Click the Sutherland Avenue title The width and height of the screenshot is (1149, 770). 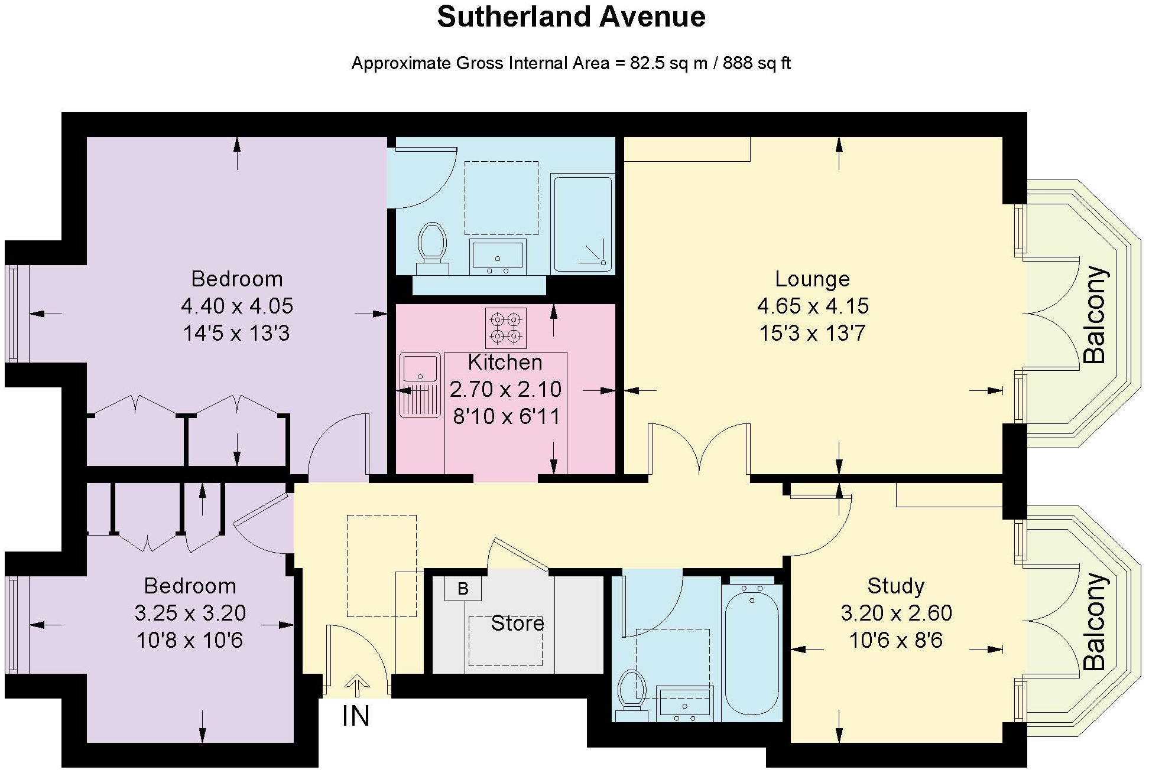(x=571, y=17)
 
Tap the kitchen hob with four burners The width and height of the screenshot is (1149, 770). (x=506, y=328)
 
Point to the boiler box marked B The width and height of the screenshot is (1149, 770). (x=463, y=589)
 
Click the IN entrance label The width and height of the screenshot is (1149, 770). (x=356, y=716)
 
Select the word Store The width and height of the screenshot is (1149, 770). (x=517, y=624)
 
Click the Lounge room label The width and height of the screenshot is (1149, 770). (x=812, y=279)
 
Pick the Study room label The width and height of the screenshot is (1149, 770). (x=895, y=586)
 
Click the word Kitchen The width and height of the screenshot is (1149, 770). (x=505, y=362)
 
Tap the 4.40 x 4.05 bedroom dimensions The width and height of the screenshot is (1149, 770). (x=237, y=306)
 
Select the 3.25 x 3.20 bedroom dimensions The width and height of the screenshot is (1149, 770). (x=190, y=613)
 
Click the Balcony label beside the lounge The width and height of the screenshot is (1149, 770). (x=1094, y=315)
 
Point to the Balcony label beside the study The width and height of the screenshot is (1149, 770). (x=1094, y=621)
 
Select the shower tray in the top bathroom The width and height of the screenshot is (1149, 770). (x=583, y=223)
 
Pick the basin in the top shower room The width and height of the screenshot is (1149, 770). (x=497, y=255)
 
